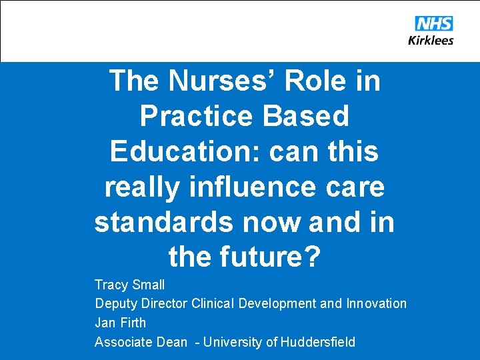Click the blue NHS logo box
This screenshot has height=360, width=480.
pyautogui.click(x=433, y=24)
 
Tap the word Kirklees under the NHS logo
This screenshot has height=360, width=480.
pyautogui.click(x=431, y=40)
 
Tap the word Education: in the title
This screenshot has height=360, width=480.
pyautogui.click(x=185, y=151)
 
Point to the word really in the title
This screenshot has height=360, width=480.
pyautogui.click(x=141, y=187)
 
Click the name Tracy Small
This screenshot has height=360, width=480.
pyautogui.click(x=129, y=285)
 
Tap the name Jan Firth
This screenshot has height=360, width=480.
pyautogui.click(x=120, y=323)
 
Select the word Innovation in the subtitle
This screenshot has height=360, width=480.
pyautogui.click(x=376, y=303)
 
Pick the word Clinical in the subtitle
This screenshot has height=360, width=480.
pyautogui.click(x=213, y=303)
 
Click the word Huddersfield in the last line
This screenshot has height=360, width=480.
pyautogui.click(x=318, y=342)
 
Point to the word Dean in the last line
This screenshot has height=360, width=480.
pyautogui.click(x=172, y=342)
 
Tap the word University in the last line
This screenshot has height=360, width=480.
pyautogui.click(x=233, y=342)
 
